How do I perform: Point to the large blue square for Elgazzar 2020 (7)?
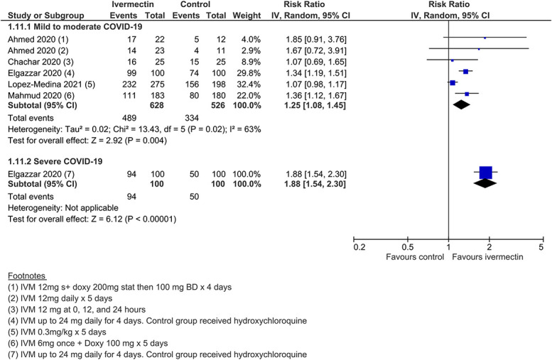(485, 172)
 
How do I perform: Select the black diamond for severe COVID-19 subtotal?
(485, 183)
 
